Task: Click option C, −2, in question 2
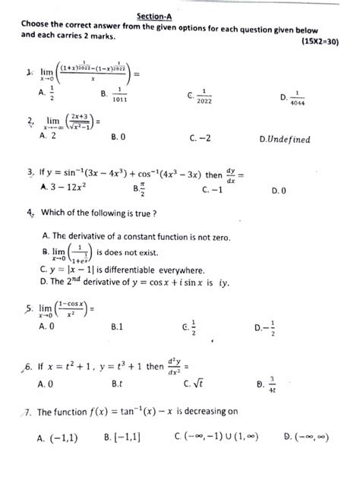201,137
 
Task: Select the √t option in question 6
206,384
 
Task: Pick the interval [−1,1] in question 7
125,438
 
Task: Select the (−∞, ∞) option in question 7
313,438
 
